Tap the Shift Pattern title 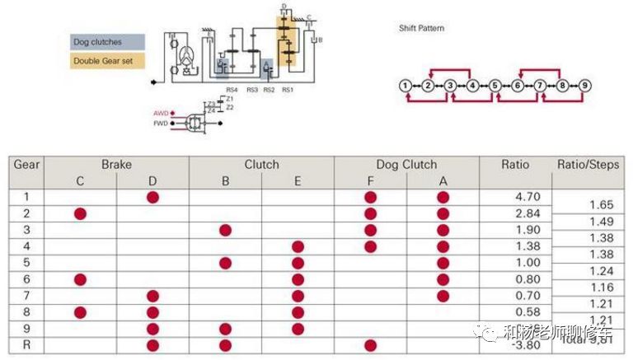(421, 28)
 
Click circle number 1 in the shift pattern (405, 85)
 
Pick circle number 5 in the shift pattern (495, 85)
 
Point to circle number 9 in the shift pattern (584, 85)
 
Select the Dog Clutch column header (406, 164)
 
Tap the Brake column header (116, 164)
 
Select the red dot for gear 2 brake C (80, 213)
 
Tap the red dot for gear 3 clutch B (225, 230)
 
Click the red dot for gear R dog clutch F (370, 345)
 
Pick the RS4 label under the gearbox (232, 88)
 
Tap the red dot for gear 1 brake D (152, 197)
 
